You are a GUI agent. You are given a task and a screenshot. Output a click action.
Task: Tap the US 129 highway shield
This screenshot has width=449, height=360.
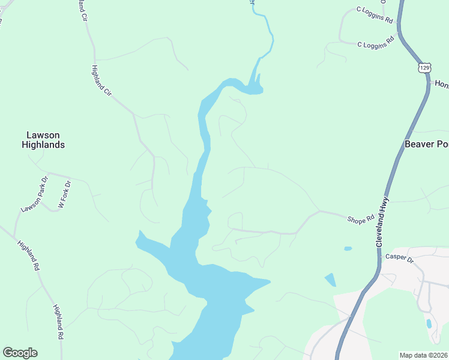click(425, 68)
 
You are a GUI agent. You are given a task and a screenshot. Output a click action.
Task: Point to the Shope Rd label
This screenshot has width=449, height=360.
click(361, 220)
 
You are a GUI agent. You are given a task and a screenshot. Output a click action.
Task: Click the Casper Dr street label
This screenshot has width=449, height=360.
click(400, 258)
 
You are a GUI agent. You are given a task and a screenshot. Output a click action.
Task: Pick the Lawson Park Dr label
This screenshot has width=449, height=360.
click(34, 194)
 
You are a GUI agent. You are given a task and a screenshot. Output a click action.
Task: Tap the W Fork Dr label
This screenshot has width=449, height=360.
click(64, 194)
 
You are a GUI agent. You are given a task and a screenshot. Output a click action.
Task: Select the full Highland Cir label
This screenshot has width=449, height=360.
click(101, 80)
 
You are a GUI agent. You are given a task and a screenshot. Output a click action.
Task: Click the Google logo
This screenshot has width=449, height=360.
click(20, 353)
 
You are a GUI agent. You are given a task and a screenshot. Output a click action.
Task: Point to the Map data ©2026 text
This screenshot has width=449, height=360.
click(424, 355)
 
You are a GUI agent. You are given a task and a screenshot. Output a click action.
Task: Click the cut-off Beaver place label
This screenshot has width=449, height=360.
click(427, 144)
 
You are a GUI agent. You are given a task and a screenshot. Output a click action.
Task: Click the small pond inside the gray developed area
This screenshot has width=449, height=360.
click(429, 324)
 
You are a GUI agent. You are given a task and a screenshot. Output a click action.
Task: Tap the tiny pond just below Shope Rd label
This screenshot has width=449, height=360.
click(348, 248)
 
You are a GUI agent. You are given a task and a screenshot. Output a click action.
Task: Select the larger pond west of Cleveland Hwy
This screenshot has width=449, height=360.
click(330, 280)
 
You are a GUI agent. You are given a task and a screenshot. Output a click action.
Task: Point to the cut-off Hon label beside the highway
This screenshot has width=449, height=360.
click(442, 83)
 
